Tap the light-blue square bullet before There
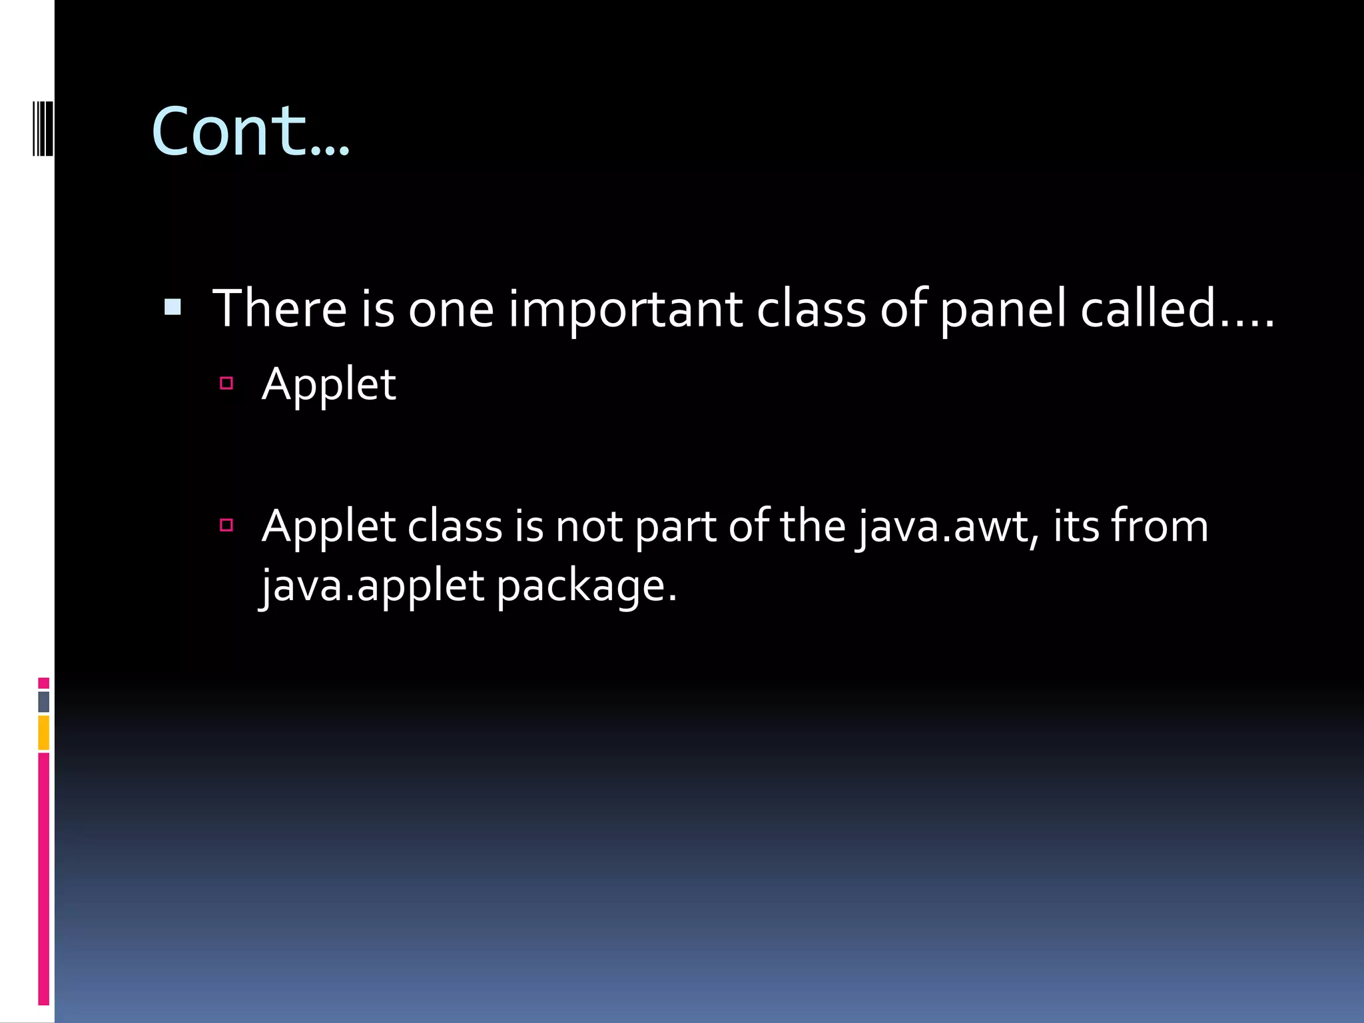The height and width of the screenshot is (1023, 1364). [172, 306]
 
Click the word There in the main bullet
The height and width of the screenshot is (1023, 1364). [280, 309]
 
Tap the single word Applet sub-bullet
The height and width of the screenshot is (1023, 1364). [329, 384]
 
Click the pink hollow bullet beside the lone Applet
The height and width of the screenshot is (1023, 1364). [226, 383]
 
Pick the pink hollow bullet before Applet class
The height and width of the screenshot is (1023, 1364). [226, 525]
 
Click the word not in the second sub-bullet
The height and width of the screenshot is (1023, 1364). [589, 527]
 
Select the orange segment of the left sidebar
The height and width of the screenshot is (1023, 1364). [44, 733]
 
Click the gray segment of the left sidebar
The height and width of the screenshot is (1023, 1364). [44, 701]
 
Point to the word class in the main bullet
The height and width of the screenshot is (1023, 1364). [811, 309]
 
